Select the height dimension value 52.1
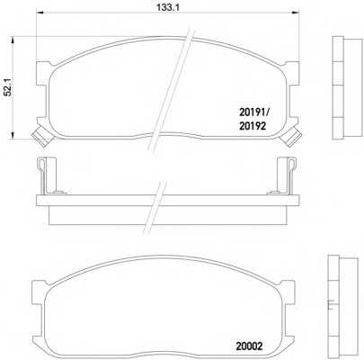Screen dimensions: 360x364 click(x=8, y=86)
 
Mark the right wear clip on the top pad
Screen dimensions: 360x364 click(x=293, y=136)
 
